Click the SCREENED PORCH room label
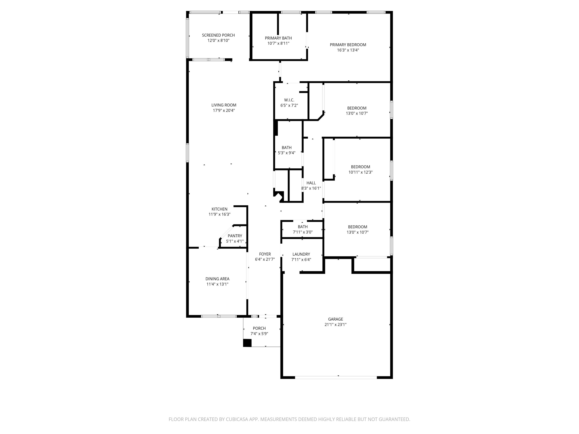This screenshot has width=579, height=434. point(218,35)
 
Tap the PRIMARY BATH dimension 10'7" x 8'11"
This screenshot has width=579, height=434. point(278,43)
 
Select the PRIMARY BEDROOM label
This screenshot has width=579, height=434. point(348,45)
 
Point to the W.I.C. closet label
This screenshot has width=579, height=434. point(289,100)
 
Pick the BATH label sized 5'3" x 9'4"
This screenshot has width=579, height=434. point(287,148)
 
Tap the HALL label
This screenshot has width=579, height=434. point(311,183)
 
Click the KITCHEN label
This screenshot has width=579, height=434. point(219,209)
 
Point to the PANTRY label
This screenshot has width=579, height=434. point(235,236)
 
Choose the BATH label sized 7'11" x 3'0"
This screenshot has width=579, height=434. point(303,227)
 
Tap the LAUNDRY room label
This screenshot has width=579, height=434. point(301,254)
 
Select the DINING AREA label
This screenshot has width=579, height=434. point(217,279)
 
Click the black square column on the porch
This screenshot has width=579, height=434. point(247,343)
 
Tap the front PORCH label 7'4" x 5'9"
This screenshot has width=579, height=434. point(259,328)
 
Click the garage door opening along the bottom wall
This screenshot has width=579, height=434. point(336,377)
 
